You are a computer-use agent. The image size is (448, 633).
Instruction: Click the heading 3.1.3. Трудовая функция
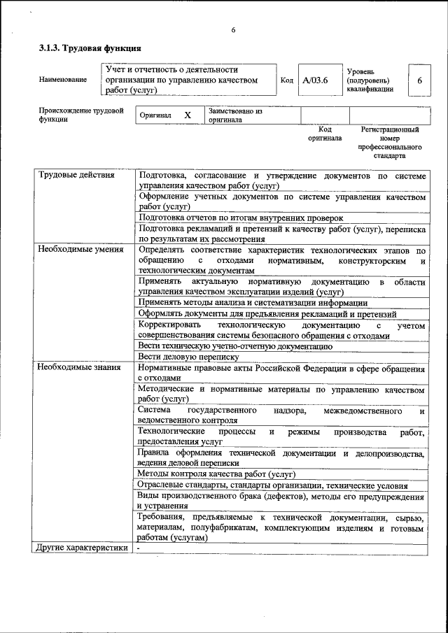90,49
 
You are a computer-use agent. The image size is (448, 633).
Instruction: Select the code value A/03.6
315,80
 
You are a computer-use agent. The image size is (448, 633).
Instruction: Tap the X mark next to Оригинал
187,115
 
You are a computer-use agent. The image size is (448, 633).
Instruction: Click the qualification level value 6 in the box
419,80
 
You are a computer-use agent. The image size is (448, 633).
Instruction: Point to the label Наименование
63,80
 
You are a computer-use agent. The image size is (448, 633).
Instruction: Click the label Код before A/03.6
286,80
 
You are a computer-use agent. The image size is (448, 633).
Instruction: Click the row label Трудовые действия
76,175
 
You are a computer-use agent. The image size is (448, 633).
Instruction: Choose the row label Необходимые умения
80,249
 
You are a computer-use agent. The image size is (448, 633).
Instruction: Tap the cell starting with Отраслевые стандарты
272,485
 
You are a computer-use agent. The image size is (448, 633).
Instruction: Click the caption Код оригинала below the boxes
325,134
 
